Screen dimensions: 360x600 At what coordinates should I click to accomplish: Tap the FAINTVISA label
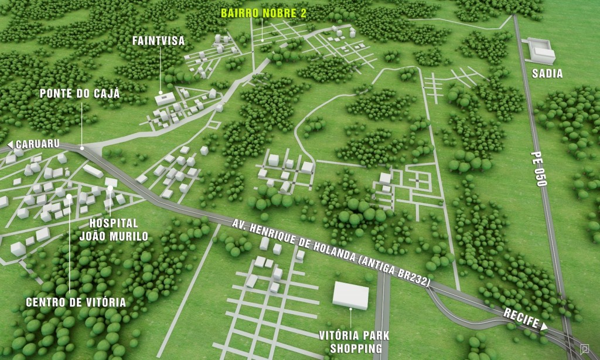tap(158, 40)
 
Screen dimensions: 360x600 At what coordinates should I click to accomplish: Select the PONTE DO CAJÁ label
tap(80, 94)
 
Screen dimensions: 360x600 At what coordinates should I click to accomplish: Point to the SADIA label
tap(547, 74)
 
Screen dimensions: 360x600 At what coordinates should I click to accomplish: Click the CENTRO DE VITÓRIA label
tap(76, 303)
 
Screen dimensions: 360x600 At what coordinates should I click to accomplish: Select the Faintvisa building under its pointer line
tap(165, 99)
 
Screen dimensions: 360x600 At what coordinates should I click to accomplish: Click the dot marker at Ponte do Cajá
tap(83, 148)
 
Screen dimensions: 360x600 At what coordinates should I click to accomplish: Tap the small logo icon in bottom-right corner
tap(584, 349)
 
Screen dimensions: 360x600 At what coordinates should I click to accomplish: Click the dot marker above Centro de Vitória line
tap(69, 196)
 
